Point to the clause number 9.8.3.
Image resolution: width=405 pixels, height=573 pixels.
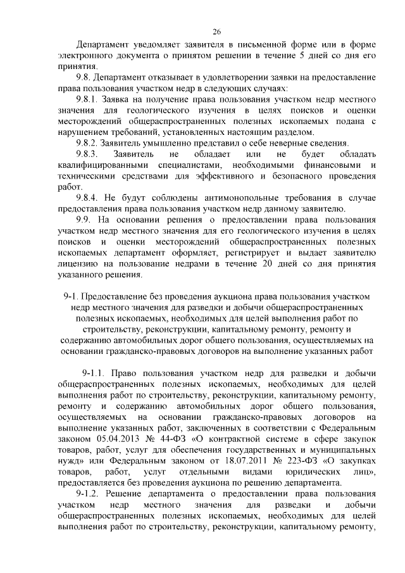(89, 154)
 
